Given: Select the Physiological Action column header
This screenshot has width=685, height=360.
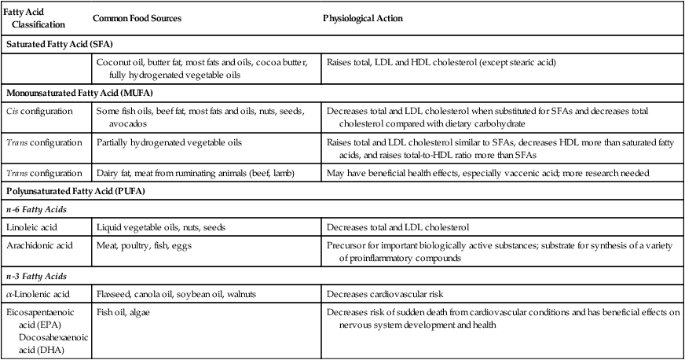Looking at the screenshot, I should point(364,17).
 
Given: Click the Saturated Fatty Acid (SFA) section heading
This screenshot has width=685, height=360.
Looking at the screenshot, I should point(59,46).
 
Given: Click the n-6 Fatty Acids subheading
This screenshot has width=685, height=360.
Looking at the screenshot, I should point(35,210).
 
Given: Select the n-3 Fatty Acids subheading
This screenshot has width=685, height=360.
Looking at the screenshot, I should point(35,276).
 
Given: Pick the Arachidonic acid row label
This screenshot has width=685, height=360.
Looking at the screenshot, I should point(39,245).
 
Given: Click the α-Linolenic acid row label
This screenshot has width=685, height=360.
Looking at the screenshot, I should point(41,294).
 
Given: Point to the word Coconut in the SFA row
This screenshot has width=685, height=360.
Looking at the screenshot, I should point(113,62).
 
